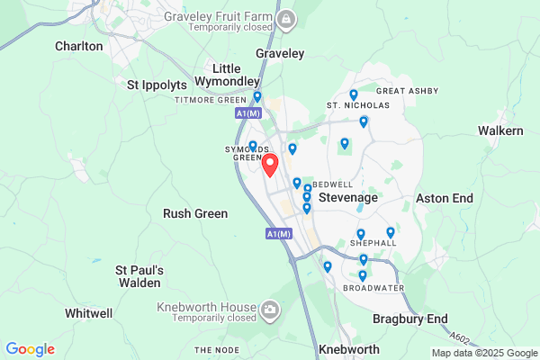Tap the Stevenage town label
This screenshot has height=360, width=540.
349,196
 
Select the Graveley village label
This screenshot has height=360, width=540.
280,54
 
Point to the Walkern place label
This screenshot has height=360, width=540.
500,130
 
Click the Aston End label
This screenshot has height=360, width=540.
445,198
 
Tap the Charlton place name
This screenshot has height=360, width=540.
79,46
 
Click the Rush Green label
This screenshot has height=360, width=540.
194,214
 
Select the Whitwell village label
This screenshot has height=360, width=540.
89,313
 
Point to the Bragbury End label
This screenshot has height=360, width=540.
410,319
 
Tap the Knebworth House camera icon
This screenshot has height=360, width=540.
270,311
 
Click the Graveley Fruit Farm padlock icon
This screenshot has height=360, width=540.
285,20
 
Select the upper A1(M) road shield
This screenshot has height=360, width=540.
247,113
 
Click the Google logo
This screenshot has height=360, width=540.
30,349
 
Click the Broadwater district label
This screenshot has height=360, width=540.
373,288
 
